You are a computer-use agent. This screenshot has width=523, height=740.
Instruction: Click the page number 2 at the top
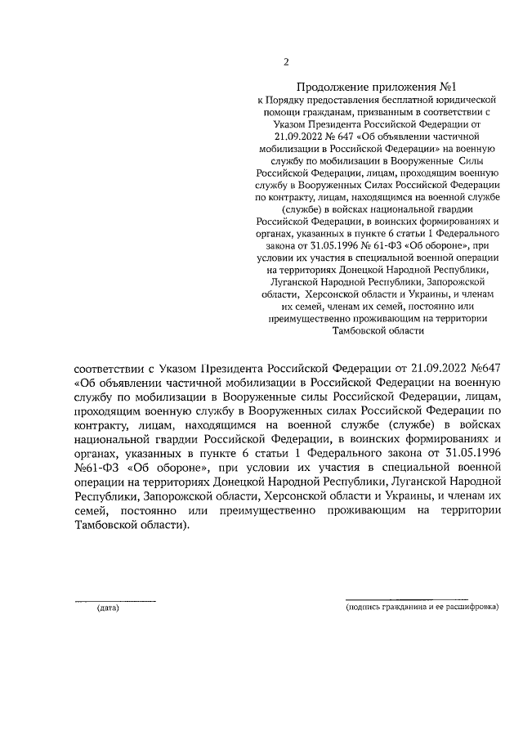[x=286, y=62]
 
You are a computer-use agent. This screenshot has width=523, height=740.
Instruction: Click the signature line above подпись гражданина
[x=405, y=600]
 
